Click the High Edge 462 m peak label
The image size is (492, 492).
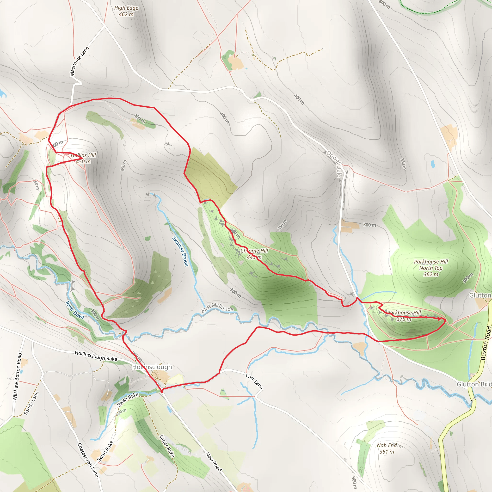(x=126, y=11)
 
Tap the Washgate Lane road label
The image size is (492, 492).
(x=80, y=61)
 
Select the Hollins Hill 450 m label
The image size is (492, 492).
(x=83, y=158)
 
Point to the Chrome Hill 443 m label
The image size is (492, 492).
(x=254, y=254)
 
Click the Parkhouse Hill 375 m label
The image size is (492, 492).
(x=404, y=315)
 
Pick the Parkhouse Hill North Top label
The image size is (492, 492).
(x=431, y=268)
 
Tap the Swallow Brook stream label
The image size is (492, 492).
(x=180, y=251)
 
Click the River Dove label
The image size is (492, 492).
(x=75, y=310)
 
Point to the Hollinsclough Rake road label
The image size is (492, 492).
(x=96, y=356)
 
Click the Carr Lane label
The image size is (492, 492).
(x=254, y=381)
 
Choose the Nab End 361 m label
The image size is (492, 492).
(x=387, y=449)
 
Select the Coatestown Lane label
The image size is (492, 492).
(x=88, y=460)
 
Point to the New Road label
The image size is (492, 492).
(x=213, y=462)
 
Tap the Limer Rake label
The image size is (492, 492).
(x=167, y=446)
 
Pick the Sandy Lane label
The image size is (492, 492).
(x=31, y=403)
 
